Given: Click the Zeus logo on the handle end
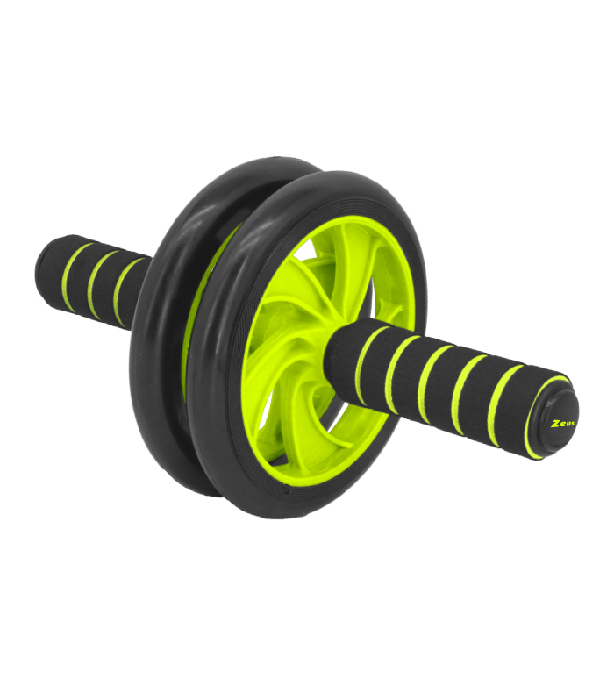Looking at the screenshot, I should click(560, 424).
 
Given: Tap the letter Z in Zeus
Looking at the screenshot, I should click(553, 425).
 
